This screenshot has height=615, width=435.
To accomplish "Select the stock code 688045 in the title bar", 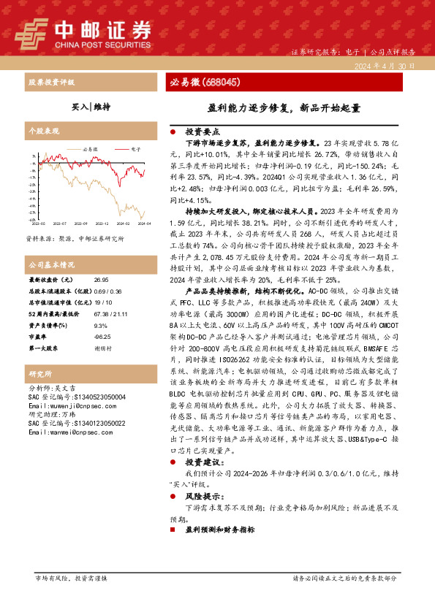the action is tap(218, 82).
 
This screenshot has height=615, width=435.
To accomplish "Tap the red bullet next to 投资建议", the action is tap(173, 463).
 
